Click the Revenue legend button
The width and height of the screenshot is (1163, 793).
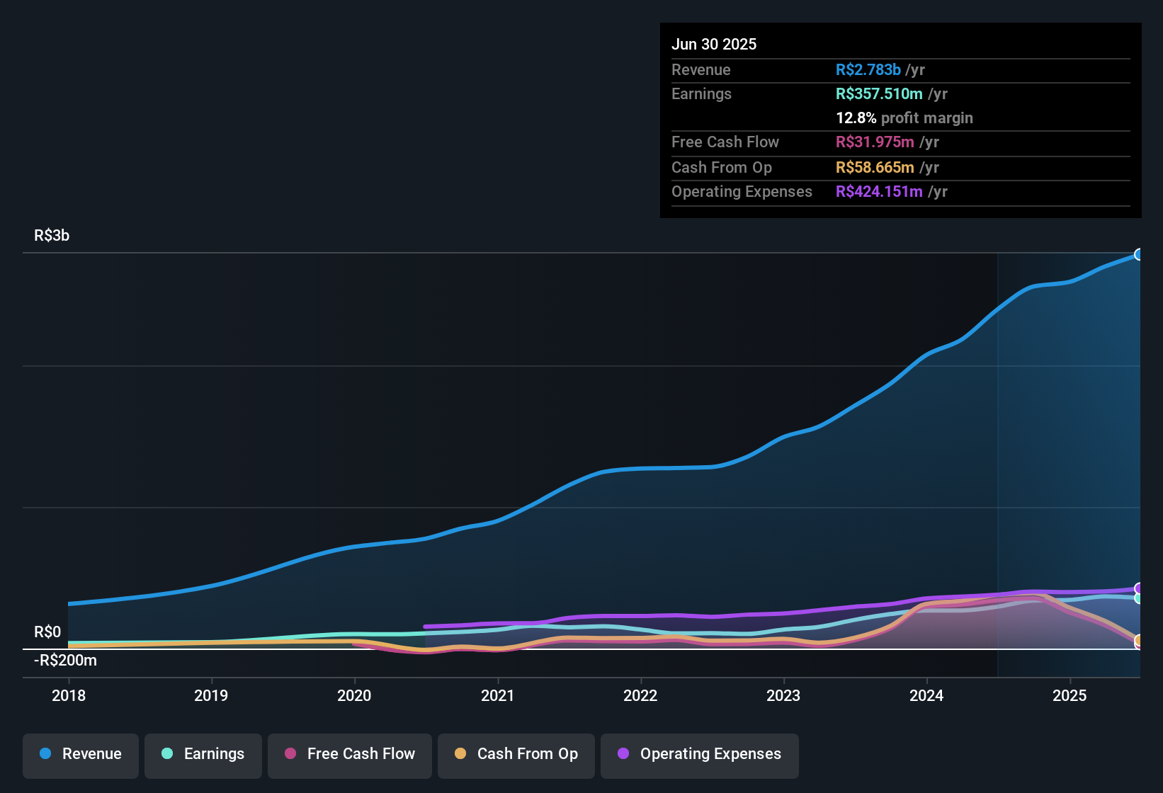tap(81, 754)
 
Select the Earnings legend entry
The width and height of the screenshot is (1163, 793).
tap(203, 754)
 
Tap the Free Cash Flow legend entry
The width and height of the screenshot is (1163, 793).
tap(350, 754)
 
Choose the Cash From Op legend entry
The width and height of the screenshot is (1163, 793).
tap(516, 754)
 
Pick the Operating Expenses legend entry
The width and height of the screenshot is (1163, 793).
tap(700, 754)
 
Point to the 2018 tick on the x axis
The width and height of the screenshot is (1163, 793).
tap(69, 695)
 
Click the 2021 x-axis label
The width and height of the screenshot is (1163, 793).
tap(497, 695)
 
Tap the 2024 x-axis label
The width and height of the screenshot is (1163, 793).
tap(926, 695)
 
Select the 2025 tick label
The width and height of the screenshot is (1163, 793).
tap(1070, 695)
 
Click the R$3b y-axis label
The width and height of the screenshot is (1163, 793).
tap(52, 236)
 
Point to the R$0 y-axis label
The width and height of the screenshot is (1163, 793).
tap(47, 632)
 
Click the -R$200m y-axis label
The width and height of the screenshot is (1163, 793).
tap(65, 661)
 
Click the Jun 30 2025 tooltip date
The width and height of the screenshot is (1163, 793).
tap(714, 45)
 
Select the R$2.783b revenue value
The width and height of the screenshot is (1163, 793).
tap(868, 70)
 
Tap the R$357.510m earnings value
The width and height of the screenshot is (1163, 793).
tap(879, 94)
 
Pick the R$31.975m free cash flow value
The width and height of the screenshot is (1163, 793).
tap(875, 142)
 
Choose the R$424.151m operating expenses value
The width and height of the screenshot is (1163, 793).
tap(879, 192)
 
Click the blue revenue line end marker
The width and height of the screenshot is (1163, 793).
tap(1139, 254)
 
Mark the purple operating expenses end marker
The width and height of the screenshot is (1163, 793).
tap(1139, 588)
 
